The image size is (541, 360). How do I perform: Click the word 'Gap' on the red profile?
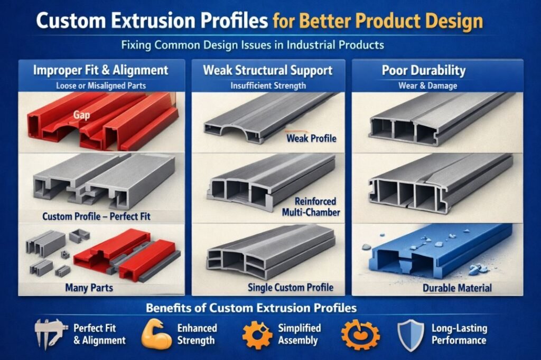(81, 115)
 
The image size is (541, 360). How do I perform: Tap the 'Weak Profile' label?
(311, 139)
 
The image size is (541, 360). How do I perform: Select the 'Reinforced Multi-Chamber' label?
(311, 206)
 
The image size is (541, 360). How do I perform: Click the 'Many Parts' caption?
(89, 288)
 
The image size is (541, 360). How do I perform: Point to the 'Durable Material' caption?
(457, 288)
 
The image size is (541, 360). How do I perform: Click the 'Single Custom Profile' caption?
(291, 288)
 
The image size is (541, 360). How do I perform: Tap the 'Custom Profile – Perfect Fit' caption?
(96, 216)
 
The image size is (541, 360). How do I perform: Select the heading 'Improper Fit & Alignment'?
(101, 70)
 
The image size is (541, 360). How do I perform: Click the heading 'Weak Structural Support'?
(268, 70)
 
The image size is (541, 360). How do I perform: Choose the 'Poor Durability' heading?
(424, 70)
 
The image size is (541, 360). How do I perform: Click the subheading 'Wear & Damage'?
(428, 86)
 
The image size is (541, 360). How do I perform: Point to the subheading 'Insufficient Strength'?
(268, 86)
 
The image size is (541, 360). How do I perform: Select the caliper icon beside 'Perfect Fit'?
(49, 334)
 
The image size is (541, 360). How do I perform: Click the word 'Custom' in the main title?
(70, 21)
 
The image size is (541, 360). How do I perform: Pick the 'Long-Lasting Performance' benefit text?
(459, 334)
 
